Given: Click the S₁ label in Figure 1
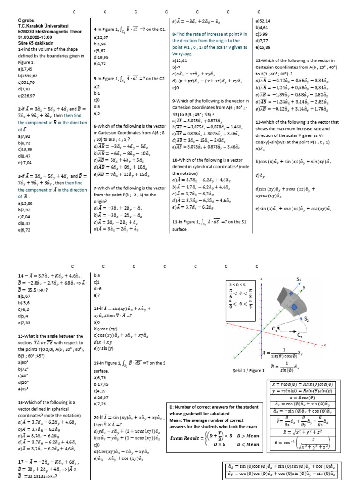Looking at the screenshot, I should coord(298,280).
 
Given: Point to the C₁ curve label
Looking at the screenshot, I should coord(275,330).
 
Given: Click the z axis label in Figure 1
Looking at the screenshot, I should coord(261,279).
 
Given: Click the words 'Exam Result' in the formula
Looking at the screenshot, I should coord(186,439).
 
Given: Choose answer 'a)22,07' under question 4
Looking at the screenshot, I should coord(101,37).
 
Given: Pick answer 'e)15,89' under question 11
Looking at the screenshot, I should coord(262,47).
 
